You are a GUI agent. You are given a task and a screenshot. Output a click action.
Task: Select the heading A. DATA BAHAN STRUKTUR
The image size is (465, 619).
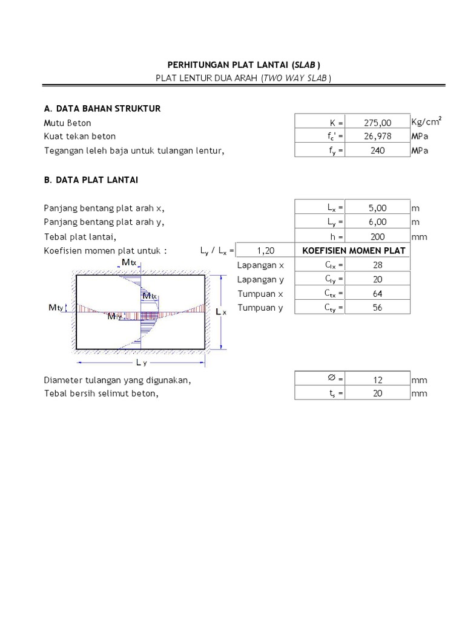pyautogui.click(x=102, y=108)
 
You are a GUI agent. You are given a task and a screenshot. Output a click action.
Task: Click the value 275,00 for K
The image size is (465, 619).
pyautogui.click(x=378, y=123)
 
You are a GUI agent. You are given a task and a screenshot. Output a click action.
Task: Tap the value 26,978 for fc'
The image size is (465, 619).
pyautogui.click(x=378, y=137)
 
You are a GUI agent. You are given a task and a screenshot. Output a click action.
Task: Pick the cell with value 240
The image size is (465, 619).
pyautogui.click(x=378, y=151)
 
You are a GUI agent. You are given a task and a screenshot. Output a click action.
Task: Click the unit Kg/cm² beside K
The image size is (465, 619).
pyautogui.click(x=426, y=122)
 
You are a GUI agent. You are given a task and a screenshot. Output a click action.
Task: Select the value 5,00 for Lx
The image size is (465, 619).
pyautogui.click(x=378, y=208)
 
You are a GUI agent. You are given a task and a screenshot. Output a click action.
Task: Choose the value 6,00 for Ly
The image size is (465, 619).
pyautogui.click(x=378, y=222)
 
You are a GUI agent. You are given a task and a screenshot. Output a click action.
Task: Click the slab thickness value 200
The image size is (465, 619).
pyautogui.click(x=378, y=237)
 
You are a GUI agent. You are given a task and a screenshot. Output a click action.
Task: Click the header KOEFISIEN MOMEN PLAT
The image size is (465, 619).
pyautogui.click(x=354, y=251)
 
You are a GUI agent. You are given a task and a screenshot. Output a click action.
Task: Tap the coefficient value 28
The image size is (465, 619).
pyautogui.click(x=378, y=265)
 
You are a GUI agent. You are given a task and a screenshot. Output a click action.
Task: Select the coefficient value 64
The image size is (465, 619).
pyautogui.click(x=378, y=294)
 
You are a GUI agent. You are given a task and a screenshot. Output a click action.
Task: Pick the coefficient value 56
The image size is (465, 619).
pyautogui.click(x=378, y=308)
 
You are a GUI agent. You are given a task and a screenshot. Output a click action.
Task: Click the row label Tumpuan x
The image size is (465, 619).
pyautogui.click(x=260, y=294)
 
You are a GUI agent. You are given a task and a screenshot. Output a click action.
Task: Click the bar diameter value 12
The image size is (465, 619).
pyautogui.click(x=378, y=380)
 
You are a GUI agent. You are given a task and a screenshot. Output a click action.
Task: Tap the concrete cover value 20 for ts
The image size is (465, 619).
pyautogui.click(x=378, y=394)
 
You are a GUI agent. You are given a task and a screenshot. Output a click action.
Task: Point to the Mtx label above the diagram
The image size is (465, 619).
pyautogui.click(x=129, y=262)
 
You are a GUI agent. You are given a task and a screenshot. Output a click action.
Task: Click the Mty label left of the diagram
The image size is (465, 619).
pyautogui.click(x=56, y=308)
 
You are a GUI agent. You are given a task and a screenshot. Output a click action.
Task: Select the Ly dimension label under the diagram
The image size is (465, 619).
pyautogui.click(x=140, y=363)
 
